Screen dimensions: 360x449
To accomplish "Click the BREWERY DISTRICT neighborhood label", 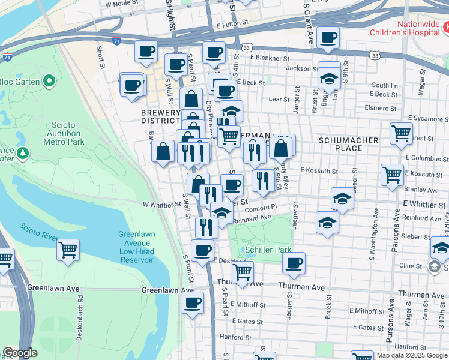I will coord(160,117).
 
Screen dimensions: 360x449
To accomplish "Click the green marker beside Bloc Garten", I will coord(50,81).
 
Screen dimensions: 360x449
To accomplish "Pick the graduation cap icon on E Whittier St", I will coord(342,198).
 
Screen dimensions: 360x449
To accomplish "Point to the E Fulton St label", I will coord(232,24).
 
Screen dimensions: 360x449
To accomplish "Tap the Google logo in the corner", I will coord(20,353).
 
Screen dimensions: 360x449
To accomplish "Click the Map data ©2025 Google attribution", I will coord(411,355).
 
